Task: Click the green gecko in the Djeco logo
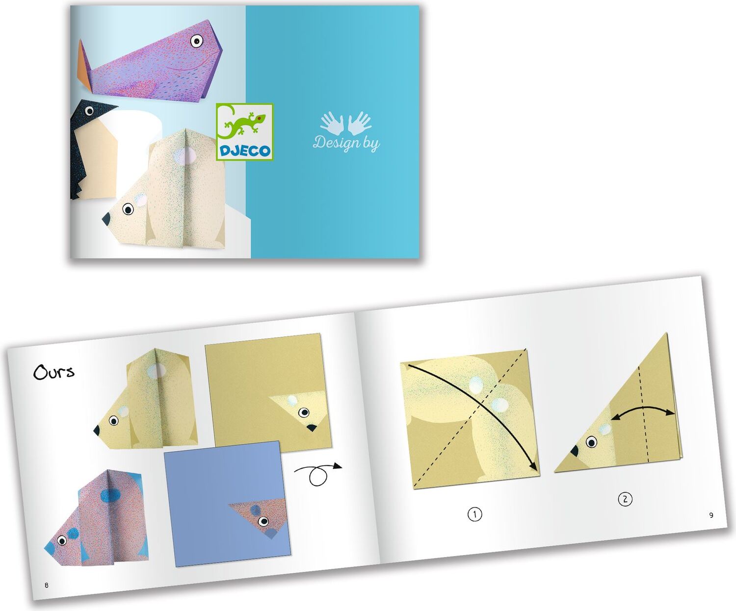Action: [x=243, y=124]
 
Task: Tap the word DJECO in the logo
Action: [x=245, y=151]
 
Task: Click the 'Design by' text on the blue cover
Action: [x=346, y=143]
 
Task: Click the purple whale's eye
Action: [x=196, y=41]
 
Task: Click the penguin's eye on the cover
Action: [x=89, y=111]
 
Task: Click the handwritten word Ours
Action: [x=54, y=372]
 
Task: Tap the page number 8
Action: [x=46, y=586]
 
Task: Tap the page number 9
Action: [x=711, y=515]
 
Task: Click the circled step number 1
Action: [x=474, y=514]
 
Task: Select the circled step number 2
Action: [x=625, y=499]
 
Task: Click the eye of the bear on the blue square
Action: [x=263, y=521]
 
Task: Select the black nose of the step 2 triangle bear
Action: [x=575, y=451]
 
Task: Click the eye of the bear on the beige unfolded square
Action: [x=304, y=412]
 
